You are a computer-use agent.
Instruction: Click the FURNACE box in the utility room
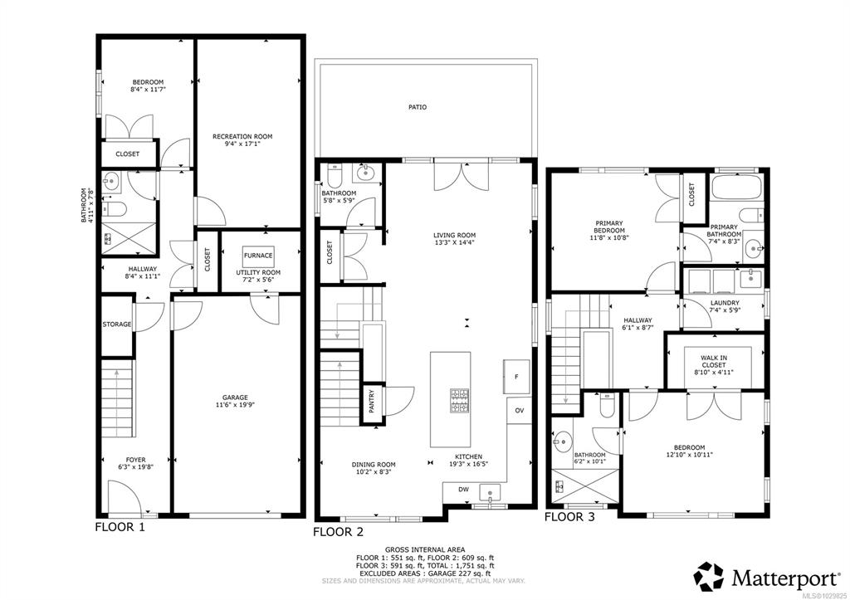pos(258,256)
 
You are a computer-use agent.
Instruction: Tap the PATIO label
pos(418,107)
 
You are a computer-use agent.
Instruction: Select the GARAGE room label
pos(235,398)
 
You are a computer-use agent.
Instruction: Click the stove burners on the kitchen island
pos(459,401)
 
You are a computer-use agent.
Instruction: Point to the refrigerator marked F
pos(516,376)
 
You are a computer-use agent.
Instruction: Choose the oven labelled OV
pos(520,411)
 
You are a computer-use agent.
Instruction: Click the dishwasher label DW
pos(463,490)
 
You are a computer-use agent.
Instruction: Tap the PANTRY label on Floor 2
pos(372,402)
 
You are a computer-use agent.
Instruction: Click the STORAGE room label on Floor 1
pos(117,324)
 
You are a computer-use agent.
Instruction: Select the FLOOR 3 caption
pos(569,517)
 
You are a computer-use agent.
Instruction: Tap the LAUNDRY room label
pos(725,303)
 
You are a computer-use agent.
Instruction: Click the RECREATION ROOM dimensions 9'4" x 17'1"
pos(242,144)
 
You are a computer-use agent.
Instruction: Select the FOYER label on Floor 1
pos(135,460)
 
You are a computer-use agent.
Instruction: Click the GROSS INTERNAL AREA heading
pos(425,549)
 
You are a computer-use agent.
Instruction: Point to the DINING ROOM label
pos(374,465)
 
